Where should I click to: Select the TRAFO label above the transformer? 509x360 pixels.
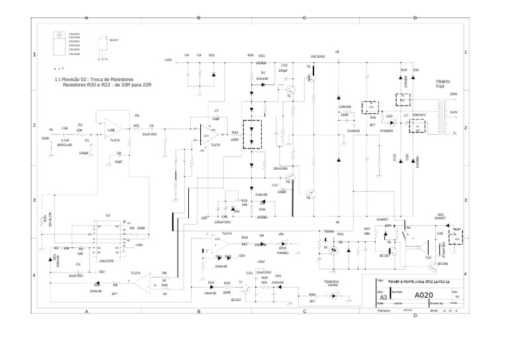pos(442,82)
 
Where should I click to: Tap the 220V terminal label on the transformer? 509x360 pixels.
pos(453,94)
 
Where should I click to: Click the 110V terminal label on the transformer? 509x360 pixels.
pos(453,112)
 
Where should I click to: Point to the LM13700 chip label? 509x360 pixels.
pos(107,261)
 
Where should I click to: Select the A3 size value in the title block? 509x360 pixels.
pos(383,298)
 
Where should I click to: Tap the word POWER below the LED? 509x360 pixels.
pos(386,131)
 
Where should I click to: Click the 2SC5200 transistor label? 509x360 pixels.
pos(317,56)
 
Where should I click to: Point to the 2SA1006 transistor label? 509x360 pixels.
pos(280,168)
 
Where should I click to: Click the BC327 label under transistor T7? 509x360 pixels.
pos(236,300)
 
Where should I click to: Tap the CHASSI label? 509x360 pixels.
pos(353,131)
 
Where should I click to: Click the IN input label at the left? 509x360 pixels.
pos(51,129)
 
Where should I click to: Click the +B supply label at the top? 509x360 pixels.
pos(337,51)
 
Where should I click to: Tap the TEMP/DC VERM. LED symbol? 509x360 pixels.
pos(332,292)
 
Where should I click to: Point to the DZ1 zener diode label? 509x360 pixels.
pos(211,55)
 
